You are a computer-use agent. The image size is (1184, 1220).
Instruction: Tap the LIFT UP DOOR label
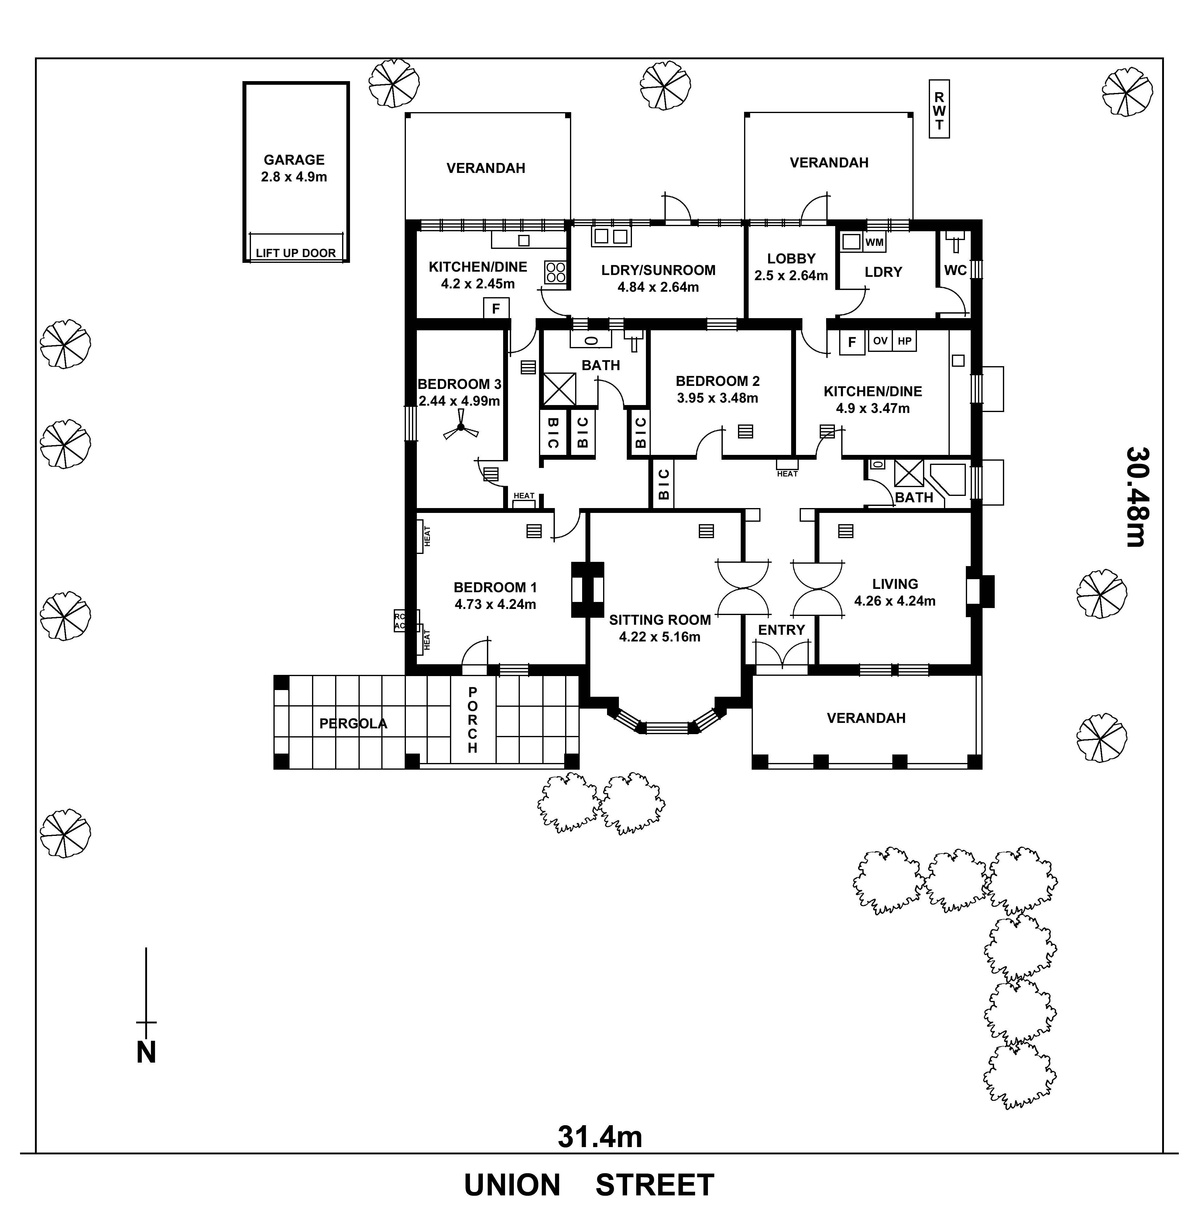296,253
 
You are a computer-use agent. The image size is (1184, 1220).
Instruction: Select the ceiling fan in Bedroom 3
461,428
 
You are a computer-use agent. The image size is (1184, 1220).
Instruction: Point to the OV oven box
880,341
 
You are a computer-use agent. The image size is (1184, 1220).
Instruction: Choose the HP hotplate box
904,341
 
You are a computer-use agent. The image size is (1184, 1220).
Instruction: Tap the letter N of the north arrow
146,1053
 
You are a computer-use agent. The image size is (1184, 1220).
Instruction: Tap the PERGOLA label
353,723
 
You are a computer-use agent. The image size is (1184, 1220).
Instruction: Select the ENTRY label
781,630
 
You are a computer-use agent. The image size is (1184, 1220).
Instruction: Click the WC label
955,270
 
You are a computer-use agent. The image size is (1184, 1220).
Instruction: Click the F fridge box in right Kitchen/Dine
852,342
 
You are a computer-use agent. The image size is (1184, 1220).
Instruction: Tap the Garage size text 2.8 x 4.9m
294,177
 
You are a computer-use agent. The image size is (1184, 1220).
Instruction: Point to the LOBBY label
791,258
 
